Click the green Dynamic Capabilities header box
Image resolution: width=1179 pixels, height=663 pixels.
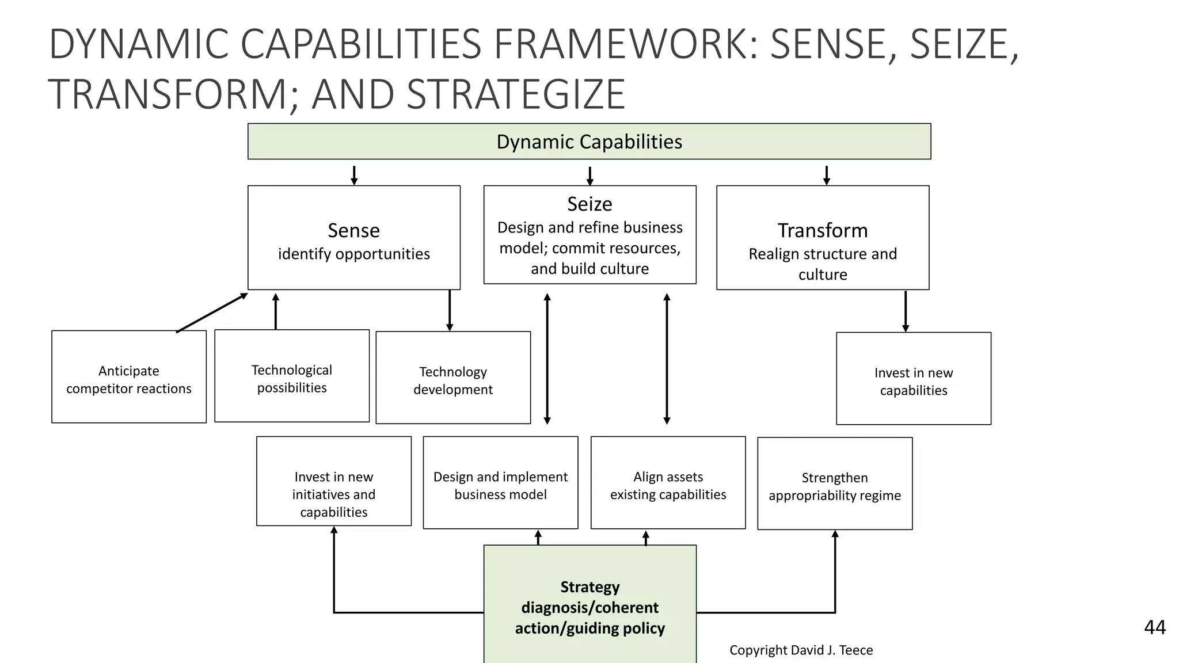[589, 142]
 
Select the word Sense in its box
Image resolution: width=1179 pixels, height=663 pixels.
[353, 230]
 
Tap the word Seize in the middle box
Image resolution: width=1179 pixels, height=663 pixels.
[589, 204]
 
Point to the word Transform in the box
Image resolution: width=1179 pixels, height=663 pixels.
[822, 230]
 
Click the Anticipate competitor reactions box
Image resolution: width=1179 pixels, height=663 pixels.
[129, 377]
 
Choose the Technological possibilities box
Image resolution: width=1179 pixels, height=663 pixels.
[292, 376]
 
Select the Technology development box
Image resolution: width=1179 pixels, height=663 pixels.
[453, 378]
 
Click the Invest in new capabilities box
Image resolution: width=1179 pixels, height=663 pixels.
[913, 379]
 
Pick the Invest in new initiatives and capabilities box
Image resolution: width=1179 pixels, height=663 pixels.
[334, 481]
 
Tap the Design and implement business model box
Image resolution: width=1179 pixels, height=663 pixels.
[500, 482]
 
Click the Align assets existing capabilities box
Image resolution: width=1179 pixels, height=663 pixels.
[668, 482]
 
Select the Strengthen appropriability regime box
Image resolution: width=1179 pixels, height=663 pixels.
[835, 483]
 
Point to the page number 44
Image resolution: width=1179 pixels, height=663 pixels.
[1154, 627]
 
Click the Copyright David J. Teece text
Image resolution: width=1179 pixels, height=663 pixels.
[801, 650]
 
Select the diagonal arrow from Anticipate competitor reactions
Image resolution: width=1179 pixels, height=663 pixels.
[212, 313]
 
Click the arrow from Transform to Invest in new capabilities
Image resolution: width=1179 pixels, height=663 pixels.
[906, 311]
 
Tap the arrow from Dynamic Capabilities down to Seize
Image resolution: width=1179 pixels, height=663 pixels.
[589, 176]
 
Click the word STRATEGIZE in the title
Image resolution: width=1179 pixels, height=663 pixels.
[515, 94]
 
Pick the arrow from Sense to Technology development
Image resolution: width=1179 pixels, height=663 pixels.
[450, 310]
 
